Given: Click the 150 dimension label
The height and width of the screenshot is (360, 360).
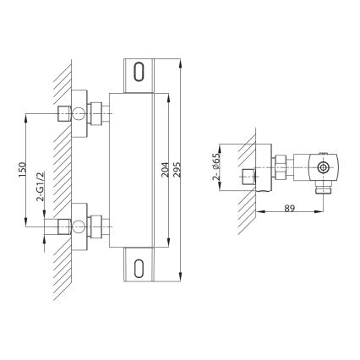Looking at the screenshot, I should point(22,168).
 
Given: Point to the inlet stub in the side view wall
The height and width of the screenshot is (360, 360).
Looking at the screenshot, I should point(246,177).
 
